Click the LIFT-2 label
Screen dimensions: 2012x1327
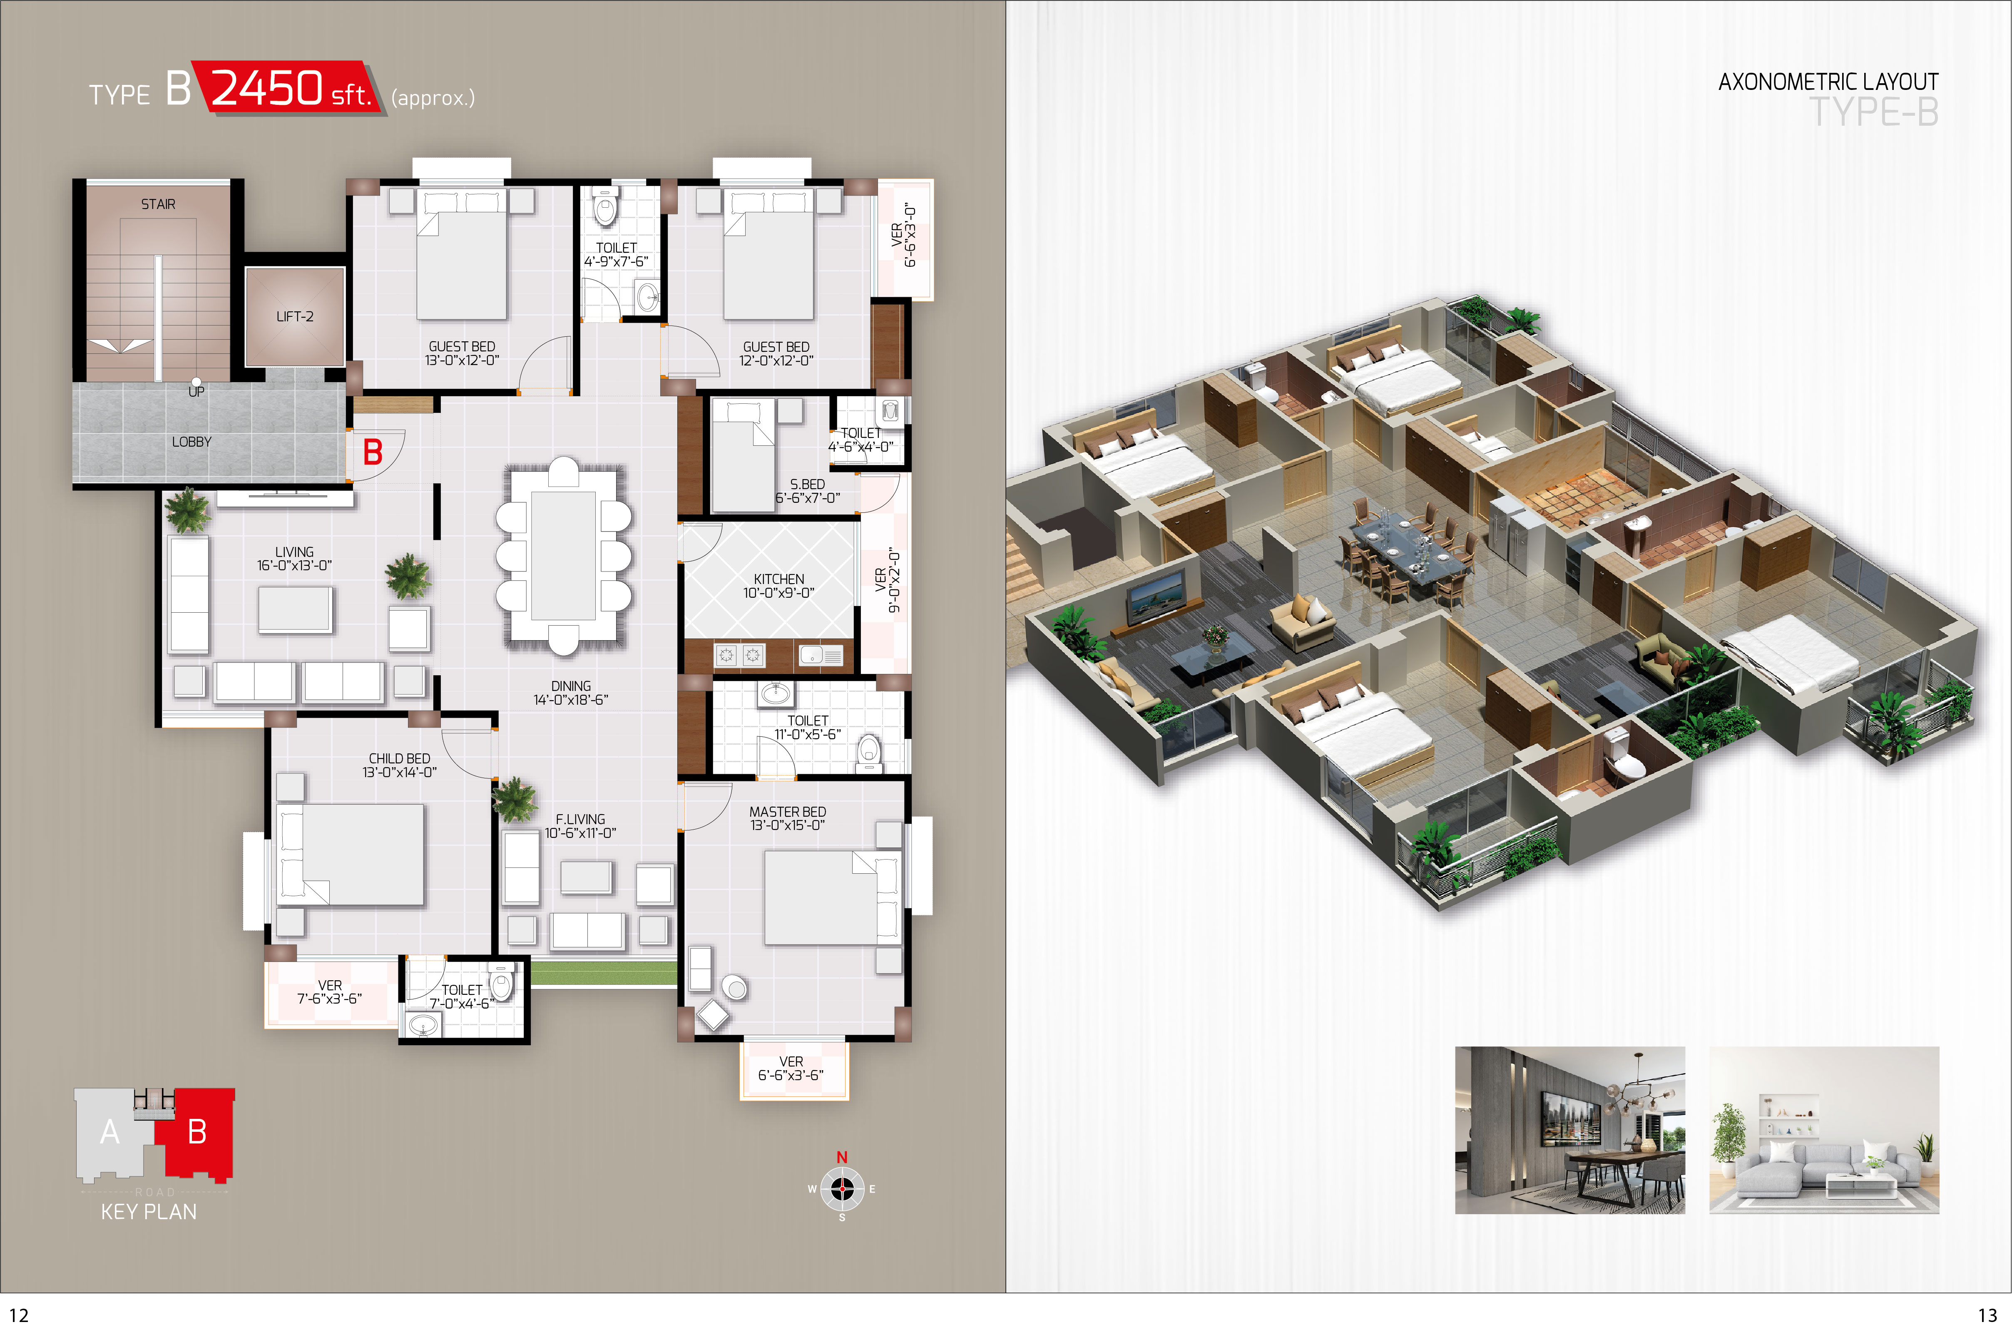[x=295, y=316]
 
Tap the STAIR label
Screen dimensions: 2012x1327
[x=158, y=204]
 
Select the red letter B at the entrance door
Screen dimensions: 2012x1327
[x=373, y=452]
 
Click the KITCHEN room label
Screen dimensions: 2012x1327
[x=779, y=579]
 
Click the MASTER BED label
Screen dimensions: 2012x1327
[x=787, y=812]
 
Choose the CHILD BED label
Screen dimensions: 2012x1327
[x=400, y=758]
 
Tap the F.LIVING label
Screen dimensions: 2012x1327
[x=580, y=819]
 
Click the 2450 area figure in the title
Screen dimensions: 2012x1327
[x=266, y=88]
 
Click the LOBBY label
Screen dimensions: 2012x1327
[x=192, y=442]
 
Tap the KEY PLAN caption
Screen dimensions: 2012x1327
[x=149, y=1212]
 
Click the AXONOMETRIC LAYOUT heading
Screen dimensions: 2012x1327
[x=1828, y=82]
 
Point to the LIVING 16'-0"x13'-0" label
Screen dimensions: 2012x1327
[x=295, y=559]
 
